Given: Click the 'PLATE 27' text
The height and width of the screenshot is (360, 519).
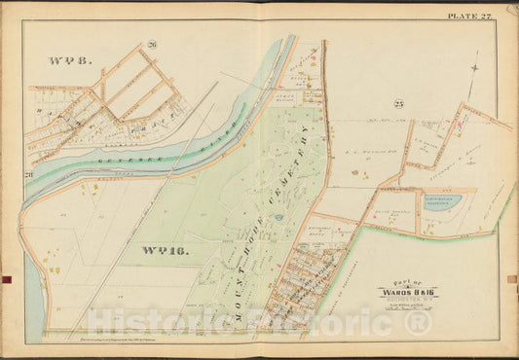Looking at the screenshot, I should click(x=470, y=16).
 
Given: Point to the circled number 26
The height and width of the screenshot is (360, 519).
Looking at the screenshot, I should click(x=152, y=45).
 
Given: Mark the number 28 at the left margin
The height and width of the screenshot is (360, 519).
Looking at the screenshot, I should click(x=29, y=174).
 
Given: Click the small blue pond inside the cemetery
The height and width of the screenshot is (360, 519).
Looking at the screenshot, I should click(x=278, y=219).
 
